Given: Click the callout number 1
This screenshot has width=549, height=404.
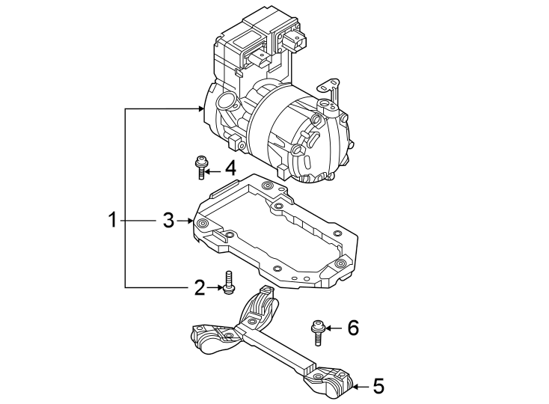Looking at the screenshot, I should pyautogui.click(x=111, y=221).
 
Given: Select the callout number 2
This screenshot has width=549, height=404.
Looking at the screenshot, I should pyautogui.click(x=199, y=287).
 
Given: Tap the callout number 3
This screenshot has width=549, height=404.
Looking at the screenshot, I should pyautogui.click(x=168, y=221).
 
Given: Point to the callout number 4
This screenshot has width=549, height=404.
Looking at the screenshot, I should pyautogui.click(x=230, y=168).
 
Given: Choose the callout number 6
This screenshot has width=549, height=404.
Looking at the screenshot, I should pyautogui.click(x=352, y=327).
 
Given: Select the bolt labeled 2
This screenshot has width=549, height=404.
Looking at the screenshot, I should pyautogui.click(x=227, y=282).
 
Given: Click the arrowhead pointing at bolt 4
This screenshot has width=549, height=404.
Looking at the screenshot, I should pyautogui.click(x=210, y=170).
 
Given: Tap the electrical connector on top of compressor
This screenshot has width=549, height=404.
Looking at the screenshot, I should pyautogui.click(x=292, y=43).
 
